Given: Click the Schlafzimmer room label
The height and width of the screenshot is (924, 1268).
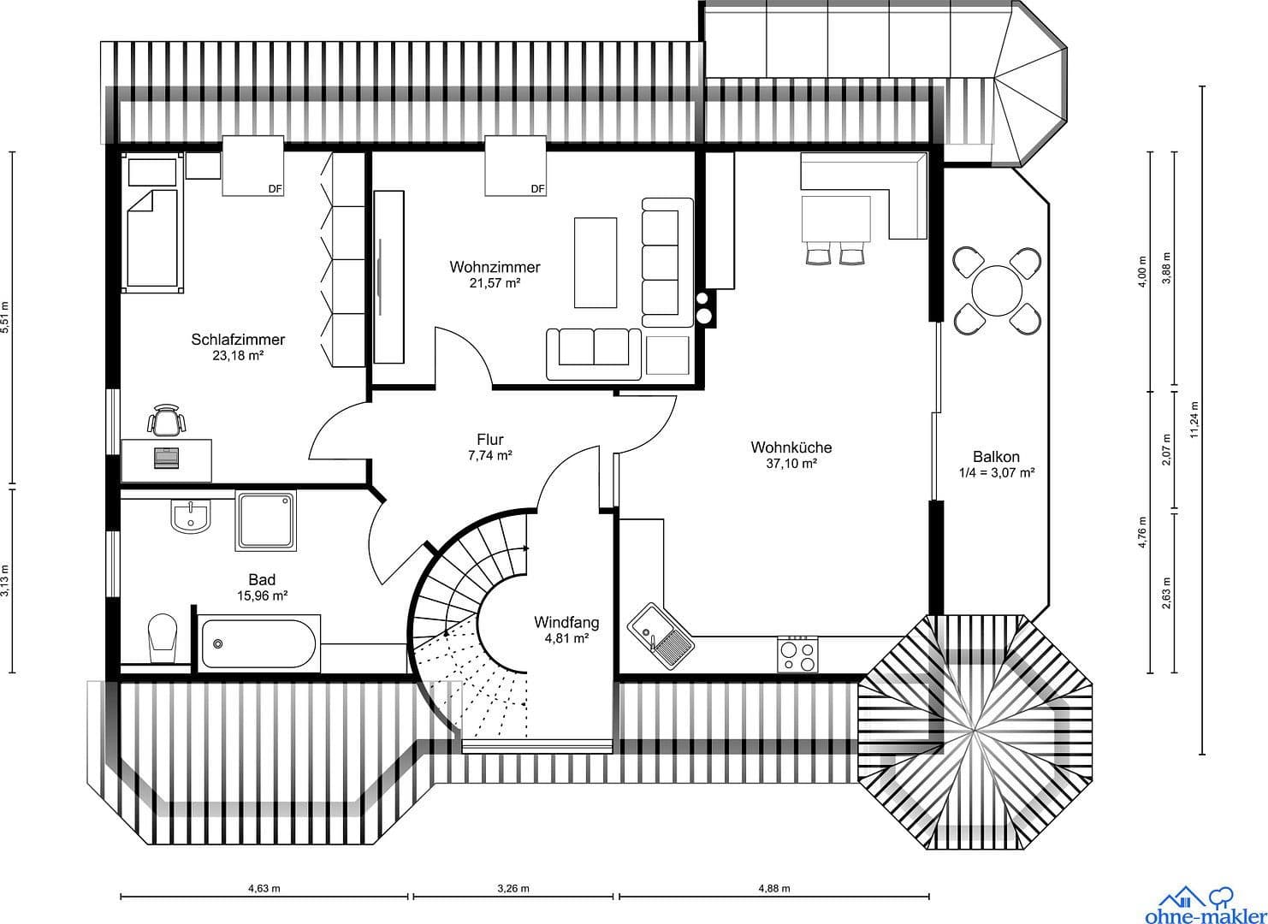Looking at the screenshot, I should (238, 340).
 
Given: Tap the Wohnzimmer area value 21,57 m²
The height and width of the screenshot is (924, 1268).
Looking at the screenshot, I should (495, 283).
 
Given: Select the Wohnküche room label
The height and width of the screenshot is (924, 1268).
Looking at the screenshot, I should (791, 447).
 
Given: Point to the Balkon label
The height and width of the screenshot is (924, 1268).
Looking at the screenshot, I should (996, 457).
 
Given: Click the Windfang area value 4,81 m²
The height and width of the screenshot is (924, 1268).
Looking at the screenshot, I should (566, 638).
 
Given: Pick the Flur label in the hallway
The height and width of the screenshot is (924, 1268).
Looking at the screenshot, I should (489, 441).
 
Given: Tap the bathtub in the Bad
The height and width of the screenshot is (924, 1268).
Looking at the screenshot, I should (258, 643).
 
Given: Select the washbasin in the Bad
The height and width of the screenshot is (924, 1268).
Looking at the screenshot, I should (190, 517).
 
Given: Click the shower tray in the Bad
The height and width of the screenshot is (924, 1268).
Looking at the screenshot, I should (266, 520).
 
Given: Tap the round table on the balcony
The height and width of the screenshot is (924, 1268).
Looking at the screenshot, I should (997, 288).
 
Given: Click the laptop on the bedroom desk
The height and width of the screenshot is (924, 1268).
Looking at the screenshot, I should (166, 457).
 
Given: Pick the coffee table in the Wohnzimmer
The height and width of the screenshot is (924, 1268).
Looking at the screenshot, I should (595, 262).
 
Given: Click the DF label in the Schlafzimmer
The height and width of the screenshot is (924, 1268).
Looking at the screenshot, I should (275, 189).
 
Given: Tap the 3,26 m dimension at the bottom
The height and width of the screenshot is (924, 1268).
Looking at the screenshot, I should (513, 888).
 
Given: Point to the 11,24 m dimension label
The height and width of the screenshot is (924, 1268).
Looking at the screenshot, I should (1194, 420).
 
